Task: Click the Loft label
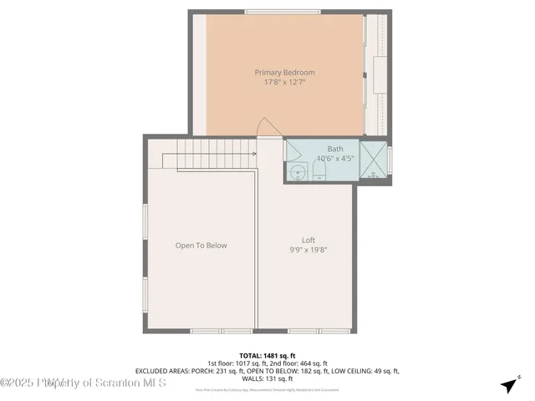click(308, 240)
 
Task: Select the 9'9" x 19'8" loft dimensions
click(308, 250)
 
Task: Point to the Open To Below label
click(201, 246)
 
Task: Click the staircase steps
click(217, 155)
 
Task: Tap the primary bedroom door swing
click(267, 127)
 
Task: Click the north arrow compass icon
click(508, 385)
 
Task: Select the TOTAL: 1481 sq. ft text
click(267, 355)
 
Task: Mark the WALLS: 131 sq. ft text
click(267, 378)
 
